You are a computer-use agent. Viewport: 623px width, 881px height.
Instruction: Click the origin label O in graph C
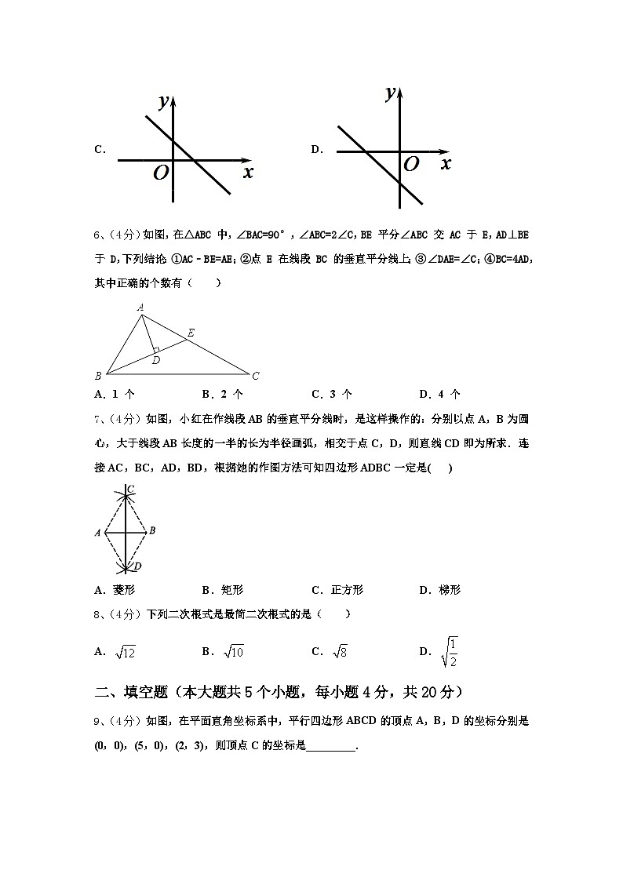point(161,173)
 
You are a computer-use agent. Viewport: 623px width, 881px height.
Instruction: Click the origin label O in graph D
point(410,164)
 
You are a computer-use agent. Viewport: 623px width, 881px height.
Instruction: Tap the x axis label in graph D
point(446,163)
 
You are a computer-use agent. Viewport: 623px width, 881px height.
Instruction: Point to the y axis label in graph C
point(164,100)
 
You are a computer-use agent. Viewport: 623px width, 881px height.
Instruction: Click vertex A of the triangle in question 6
point(140,308)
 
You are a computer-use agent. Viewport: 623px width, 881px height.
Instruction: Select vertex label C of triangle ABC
point(255,376)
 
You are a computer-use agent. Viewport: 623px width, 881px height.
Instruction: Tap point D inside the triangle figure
point(156,360)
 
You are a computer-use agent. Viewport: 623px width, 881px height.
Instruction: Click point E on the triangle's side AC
point(191,333)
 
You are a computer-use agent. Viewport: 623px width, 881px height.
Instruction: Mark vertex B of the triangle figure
point(98,376)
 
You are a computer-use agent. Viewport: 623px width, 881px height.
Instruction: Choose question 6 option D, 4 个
point(439,394)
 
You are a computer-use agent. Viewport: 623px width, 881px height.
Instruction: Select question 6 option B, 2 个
point(222,394)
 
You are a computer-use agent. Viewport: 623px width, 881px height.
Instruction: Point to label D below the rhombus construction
point(137,566)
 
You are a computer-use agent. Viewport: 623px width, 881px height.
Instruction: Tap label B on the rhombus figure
point(152,530)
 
